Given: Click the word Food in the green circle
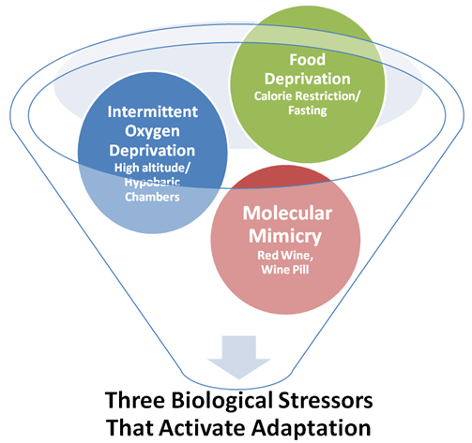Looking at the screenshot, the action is (307, 59).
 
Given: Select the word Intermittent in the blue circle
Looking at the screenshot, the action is (152, 111).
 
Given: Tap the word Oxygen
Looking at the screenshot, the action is (152, 131).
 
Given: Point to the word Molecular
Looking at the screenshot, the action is (287, 214).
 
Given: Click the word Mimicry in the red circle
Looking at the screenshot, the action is (285, 236).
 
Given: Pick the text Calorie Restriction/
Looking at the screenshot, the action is (307, 96).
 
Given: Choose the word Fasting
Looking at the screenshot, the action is (307, 111).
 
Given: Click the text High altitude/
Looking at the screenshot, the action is (152, 168).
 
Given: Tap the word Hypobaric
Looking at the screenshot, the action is (152, 183).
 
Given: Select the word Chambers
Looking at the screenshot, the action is (152, 197).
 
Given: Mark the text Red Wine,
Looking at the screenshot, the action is (285, 256).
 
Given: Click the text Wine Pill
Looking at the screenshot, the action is (285, 270).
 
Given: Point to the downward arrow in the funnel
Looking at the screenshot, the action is (239, 358).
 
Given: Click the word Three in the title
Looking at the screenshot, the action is (134, 400).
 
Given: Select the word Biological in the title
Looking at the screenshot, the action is (221, 401).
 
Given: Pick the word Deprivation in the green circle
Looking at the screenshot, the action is (307, 79).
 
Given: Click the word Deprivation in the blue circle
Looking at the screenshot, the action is (152, 151).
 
